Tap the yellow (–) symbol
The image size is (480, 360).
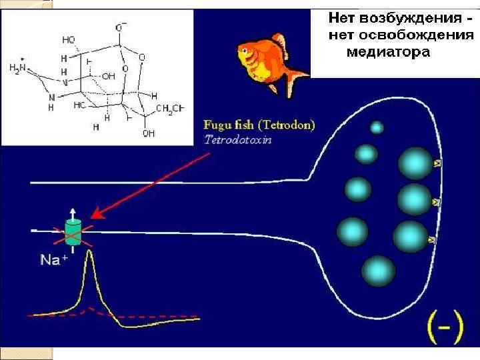445,327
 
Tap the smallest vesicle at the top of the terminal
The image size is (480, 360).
377,127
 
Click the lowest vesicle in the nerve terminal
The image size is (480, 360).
379,271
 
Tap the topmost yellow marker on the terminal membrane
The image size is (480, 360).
437,163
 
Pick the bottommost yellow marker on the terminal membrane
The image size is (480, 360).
431,239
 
